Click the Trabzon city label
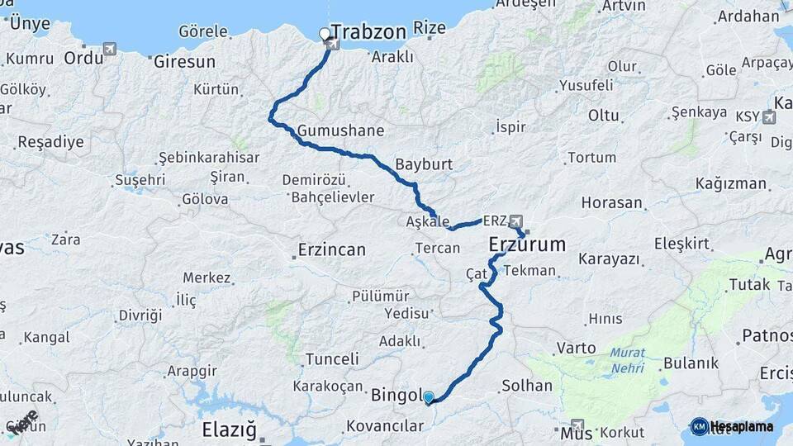[368, 32]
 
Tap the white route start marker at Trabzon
[325, 35]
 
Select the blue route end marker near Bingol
[429, 398]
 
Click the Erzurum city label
[527, 244]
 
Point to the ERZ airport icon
[516, 221]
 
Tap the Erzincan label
[331, 249]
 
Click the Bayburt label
[424, 164]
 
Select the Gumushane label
[341, 130]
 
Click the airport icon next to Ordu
[109, 49]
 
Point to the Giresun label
[183, 61]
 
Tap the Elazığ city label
[230, 429]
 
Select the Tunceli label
[332, 359]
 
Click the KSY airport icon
[769, 116]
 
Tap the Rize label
[429, 29]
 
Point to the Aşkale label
[428, 222]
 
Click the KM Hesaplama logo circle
[699, 426]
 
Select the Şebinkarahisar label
[209, 157]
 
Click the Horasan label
[611, 202]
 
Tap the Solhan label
[527, 385]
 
